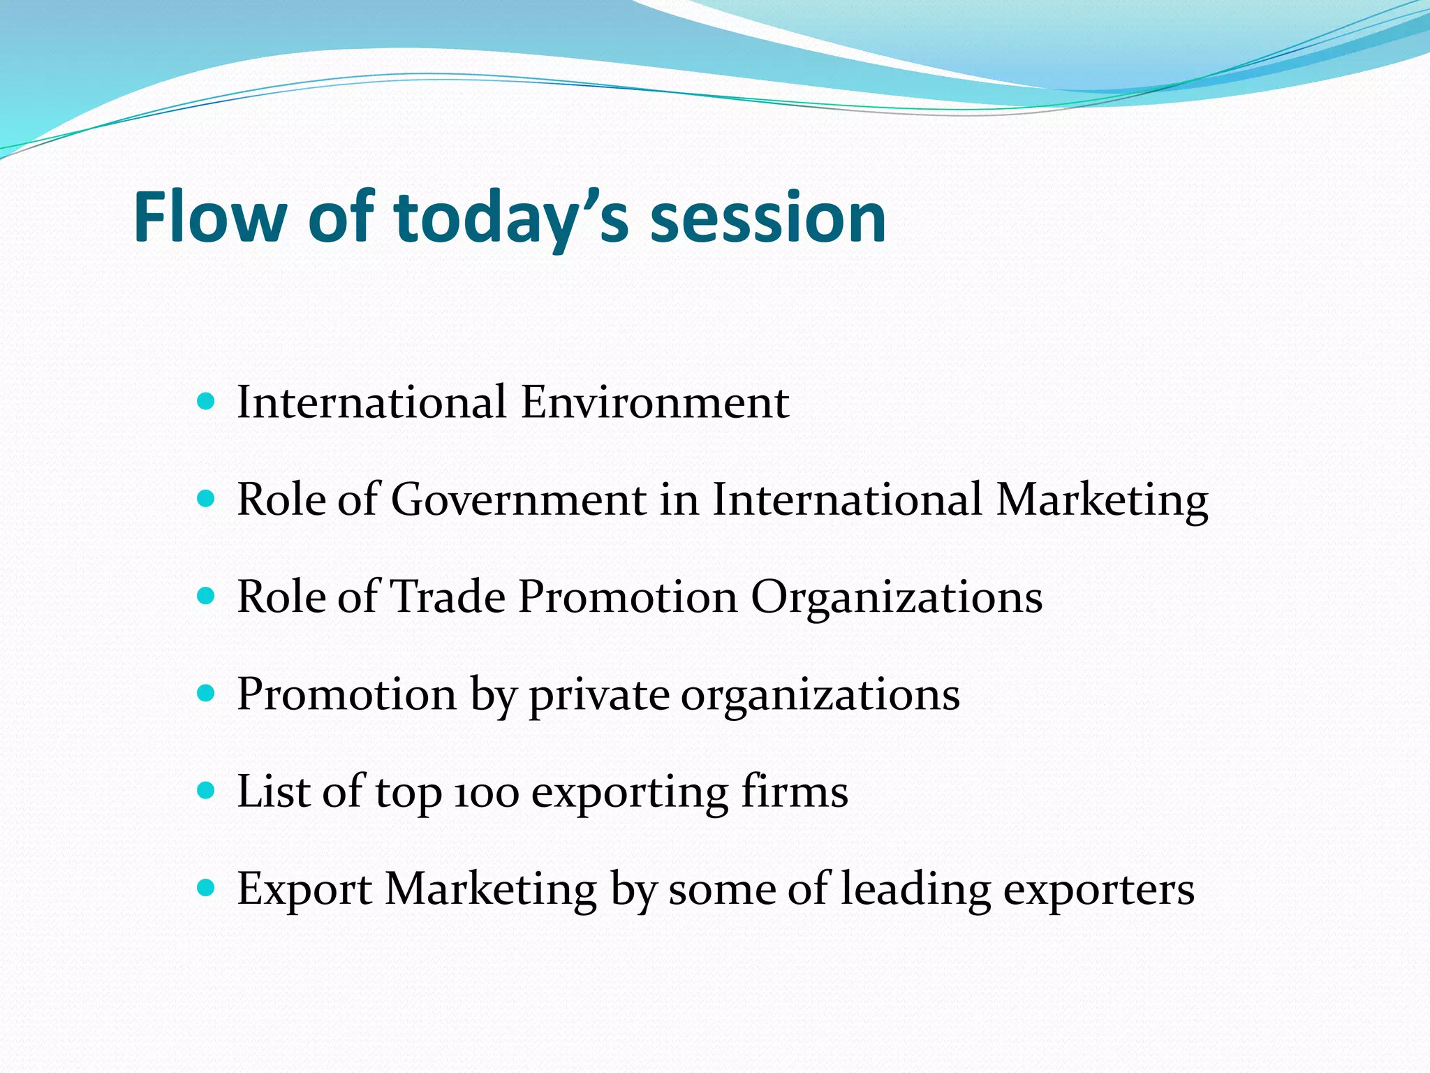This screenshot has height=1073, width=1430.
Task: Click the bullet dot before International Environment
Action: tap(206, 402)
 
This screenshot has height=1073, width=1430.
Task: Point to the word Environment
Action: tap(654, 403)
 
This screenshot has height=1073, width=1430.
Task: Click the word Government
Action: tap(518, 500)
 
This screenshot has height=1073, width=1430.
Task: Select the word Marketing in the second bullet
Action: tap(1101, 500)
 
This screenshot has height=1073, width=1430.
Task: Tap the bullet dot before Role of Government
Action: tap(206, 499)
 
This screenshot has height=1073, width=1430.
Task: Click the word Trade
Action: tap(447, 597)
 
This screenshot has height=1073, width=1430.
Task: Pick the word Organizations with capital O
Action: tap(896, 597)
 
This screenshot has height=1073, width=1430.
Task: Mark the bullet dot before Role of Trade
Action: tap(206, 596)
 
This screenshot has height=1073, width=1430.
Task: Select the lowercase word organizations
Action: tap(820, 695)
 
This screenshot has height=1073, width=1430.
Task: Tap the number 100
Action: tap(487, 794)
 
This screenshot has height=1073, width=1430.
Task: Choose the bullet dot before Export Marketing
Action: tap(206, 888)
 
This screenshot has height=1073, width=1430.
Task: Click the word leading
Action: tap(915, 889)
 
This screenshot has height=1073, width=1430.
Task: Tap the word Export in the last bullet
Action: tap(304, 889)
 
